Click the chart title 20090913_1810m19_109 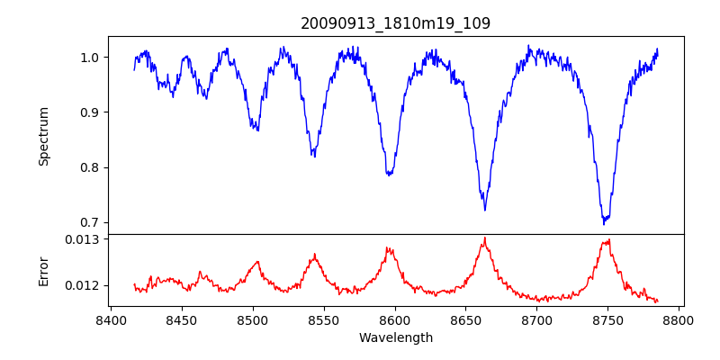tap(395, 23)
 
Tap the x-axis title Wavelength tap(395, 338)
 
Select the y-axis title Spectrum tap(44, 136)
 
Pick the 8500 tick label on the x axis tap(253, 320)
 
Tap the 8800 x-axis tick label tap(679, 320)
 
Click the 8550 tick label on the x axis tap(324, 320)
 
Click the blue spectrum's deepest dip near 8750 tap(605, 222)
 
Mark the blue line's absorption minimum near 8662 tap(485, 210)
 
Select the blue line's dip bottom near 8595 tap(389, 175)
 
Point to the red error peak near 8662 tap(484, 238)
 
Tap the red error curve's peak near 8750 tap(608, 240)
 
